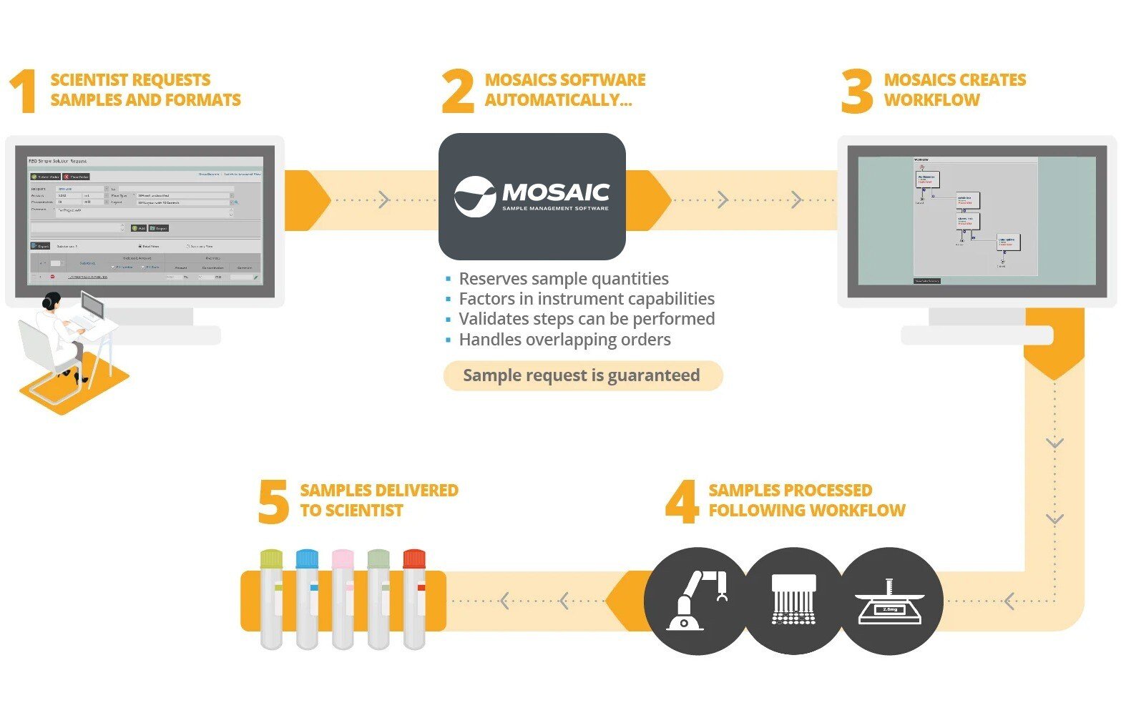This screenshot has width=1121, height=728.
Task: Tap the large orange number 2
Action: point(458,91)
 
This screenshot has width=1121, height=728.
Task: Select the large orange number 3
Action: point(856,91)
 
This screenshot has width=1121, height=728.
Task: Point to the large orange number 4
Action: point(682,501)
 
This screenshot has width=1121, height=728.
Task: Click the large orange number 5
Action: point(273,501)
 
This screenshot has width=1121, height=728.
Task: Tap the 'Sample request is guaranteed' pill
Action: point(582,375)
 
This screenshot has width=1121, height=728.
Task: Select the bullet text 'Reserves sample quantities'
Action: point(564,279)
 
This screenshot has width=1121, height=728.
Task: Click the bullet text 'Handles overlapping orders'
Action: point(564,340)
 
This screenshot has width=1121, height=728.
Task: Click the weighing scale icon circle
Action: point(890,601)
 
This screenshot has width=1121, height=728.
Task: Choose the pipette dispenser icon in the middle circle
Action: point(793,601)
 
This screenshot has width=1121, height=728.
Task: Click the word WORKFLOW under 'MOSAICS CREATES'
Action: point(931,100)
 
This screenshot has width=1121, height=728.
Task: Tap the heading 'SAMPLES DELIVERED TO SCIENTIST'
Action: point(378,500)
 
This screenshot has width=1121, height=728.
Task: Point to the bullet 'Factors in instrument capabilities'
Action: point(587,299)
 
